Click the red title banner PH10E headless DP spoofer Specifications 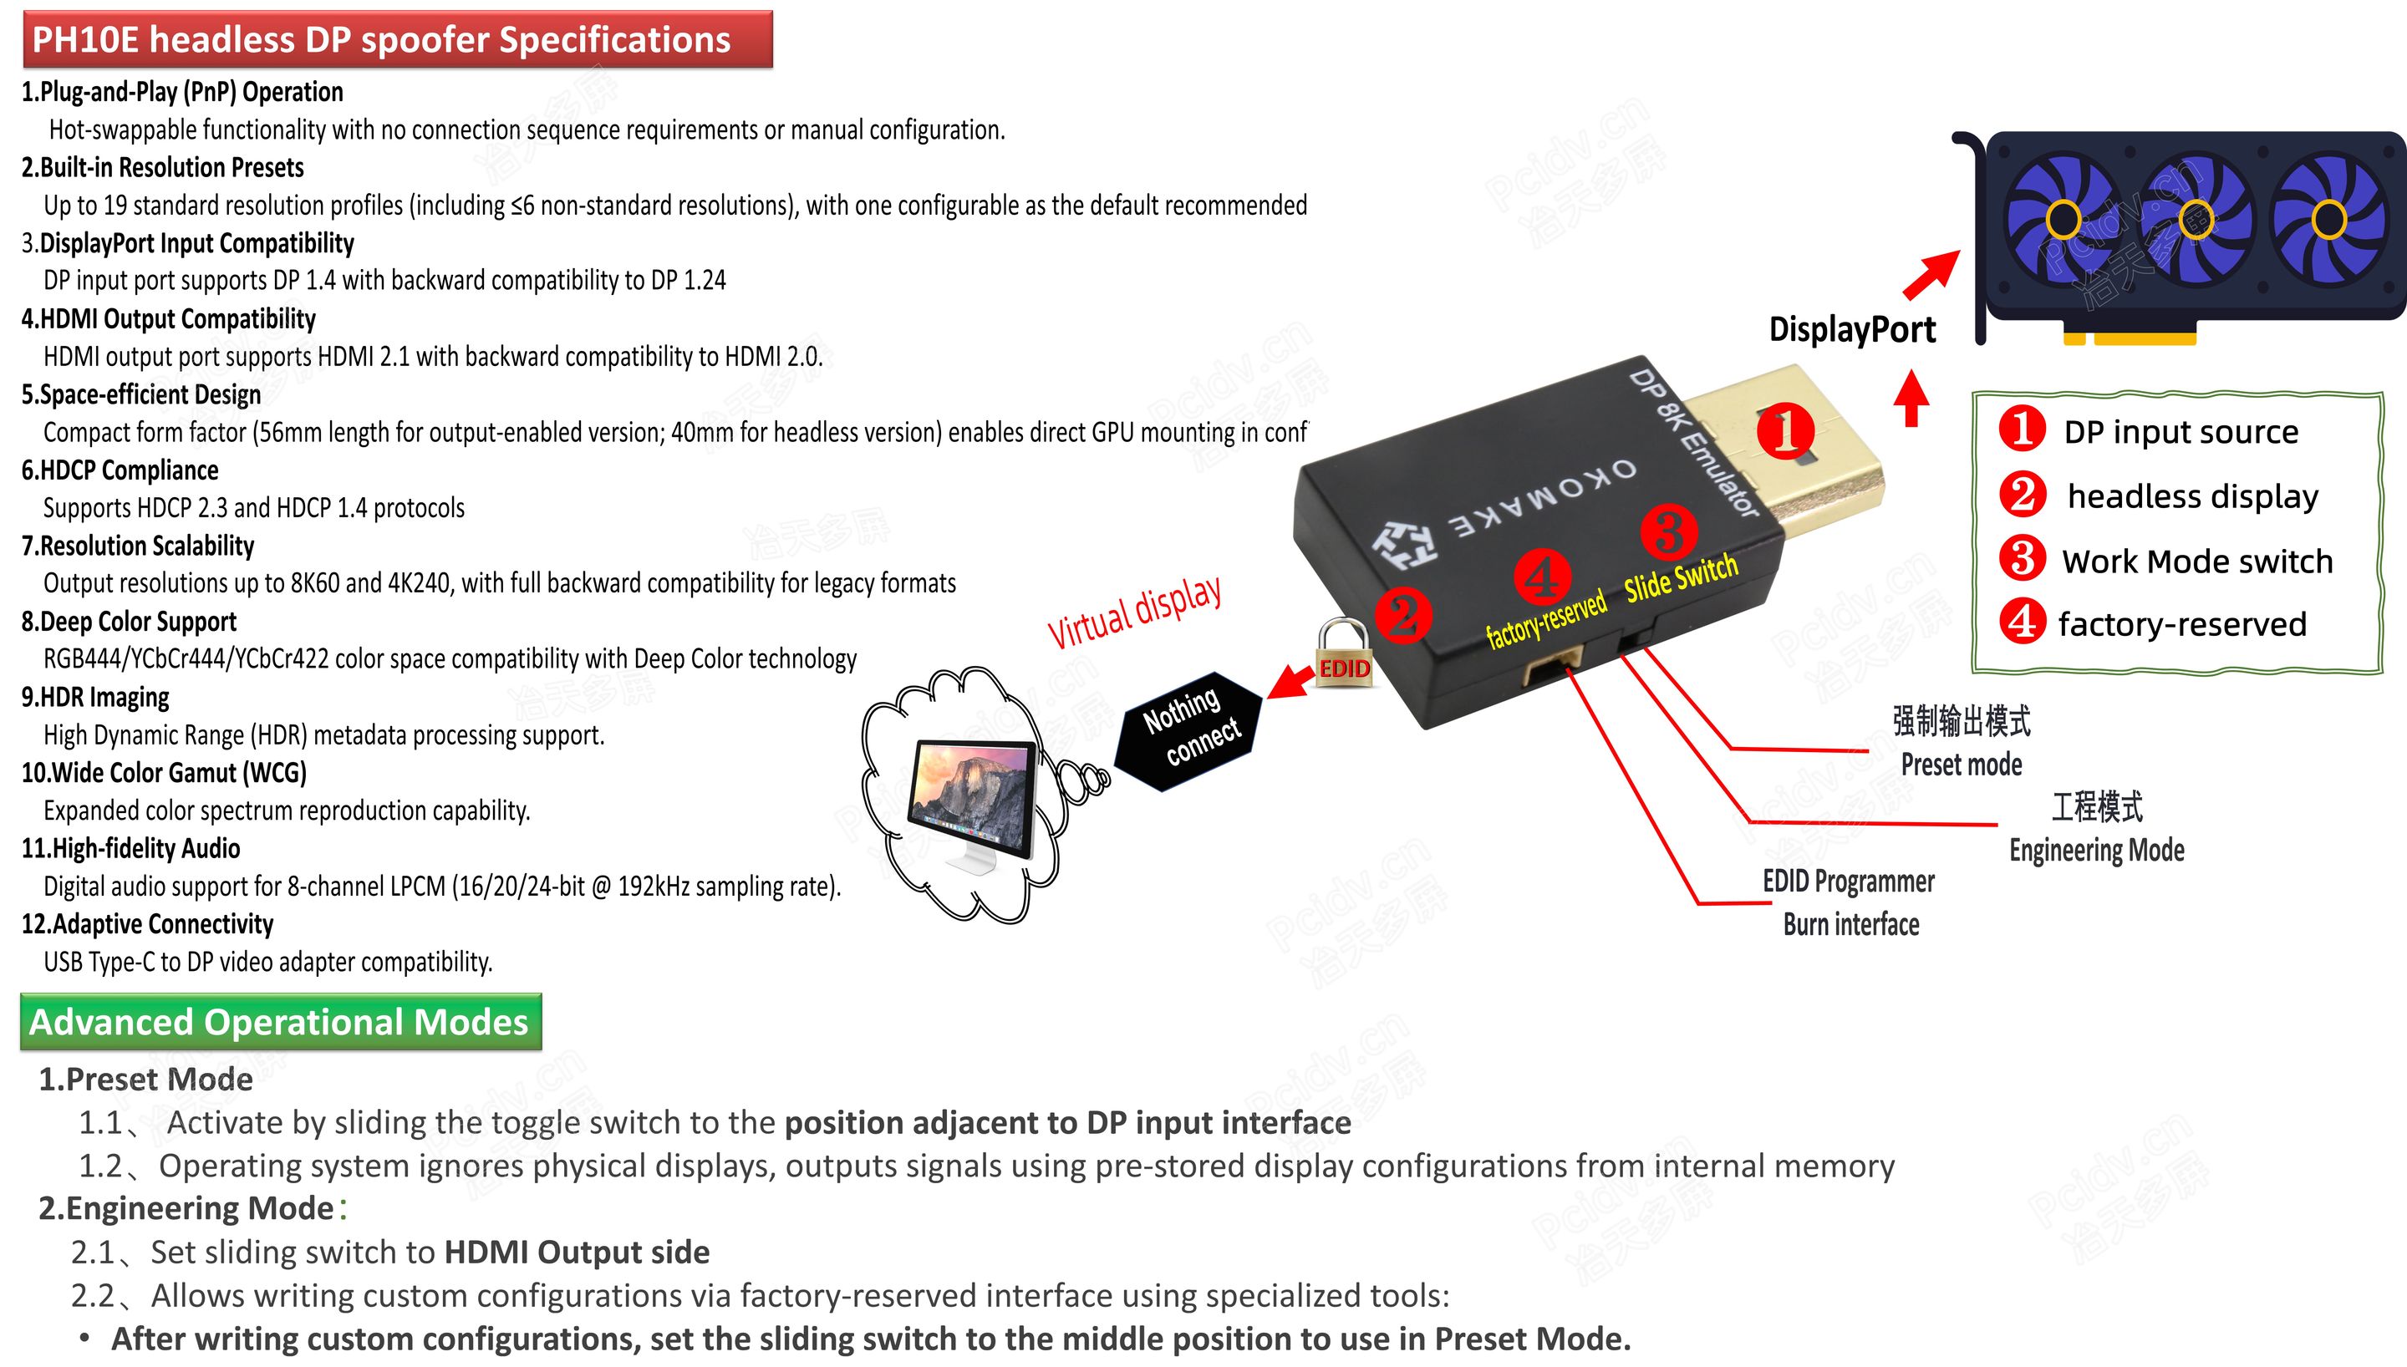click(396, 39)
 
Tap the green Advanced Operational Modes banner click(280, 1022)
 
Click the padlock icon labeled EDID click(1342, 653)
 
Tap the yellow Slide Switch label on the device click(1681, 578)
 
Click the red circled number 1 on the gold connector click(1784, 430)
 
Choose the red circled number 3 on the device click(1668, 532)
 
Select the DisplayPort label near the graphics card click(1851, 329)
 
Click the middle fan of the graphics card click(2195, 221)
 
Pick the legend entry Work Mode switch click(2196, 562)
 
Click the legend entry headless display click(2192, 495)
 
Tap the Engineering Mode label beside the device click(2096, 850)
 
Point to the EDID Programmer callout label click(1849, 882)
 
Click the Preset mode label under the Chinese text click(1961, 765)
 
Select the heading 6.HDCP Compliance click(120, 470)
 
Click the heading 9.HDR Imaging click(96, 697)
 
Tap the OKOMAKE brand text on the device click(1544, 499)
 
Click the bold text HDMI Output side click(577, 1252)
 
